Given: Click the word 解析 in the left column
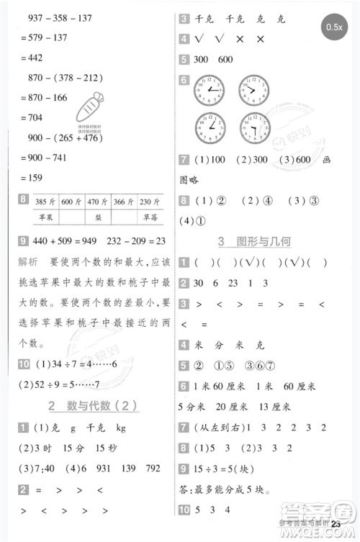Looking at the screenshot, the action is [27, 262].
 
